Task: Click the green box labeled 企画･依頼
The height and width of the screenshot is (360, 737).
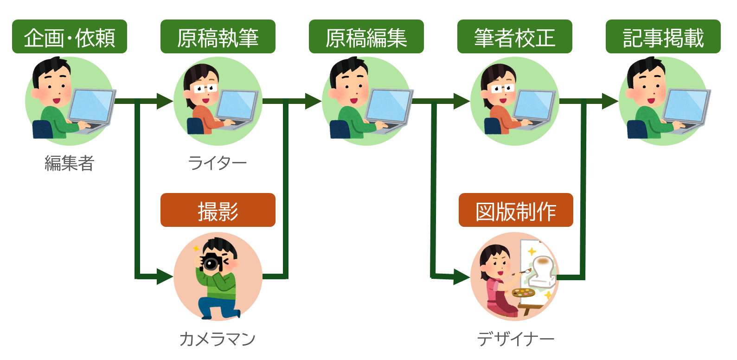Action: tap(70, 37)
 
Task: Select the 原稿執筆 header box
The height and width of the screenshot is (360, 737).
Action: tap(218, 37)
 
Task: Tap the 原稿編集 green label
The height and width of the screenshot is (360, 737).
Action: tap(366, 37)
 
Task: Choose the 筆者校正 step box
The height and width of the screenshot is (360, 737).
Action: tap(514, 37)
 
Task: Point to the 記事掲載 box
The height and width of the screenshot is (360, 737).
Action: tap(663, 37)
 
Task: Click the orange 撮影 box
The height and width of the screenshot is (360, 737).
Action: tap(218, 210)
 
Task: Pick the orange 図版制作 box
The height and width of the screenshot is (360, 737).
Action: tap(516, 210)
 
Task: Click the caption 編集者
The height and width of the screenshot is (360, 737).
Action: tap(70, 163)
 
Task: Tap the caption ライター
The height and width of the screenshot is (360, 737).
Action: tap(218, 163)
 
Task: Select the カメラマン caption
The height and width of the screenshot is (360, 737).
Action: tap(218, 339)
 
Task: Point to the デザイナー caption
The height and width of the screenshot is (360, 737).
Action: tap(516, 339)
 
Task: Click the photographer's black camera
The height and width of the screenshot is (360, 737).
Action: tap(211, 263)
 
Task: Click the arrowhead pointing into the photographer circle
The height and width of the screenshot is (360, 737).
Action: tap(164, 276)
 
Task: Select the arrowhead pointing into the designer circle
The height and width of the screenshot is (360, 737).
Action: tap(461, 277)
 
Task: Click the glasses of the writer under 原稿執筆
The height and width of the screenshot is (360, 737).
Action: tap(204, 88)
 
